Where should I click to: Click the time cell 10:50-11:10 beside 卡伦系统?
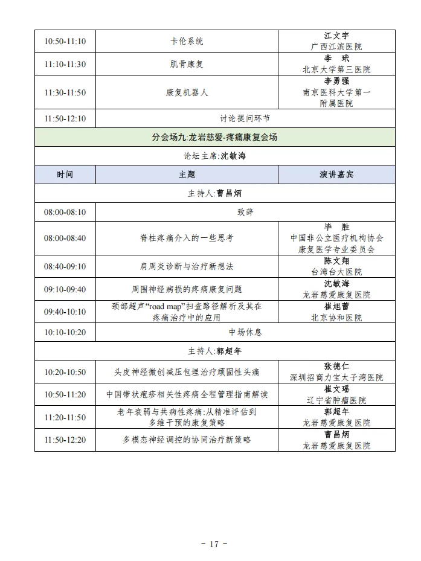[65, 41]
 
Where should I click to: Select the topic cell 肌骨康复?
[187, 64]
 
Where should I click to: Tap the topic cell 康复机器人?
[187, 92]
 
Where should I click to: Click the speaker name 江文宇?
[336, 36]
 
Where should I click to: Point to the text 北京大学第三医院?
[336, 69]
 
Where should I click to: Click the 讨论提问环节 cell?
[245, 118]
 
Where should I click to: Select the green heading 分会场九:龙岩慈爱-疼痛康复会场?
[214, 137]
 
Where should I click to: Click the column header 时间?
[65, 175]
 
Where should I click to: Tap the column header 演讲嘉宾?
[336, 175]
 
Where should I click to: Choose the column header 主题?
[187, 175]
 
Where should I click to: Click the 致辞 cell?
[245, 212]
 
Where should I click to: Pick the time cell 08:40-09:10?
[65, 266]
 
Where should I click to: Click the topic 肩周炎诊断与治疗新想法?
[187, 266]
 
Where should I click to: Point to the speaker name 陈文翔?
[336, 261]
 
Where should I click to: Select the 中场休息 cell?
[245, 332]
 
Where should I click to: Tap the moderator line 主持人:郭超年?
[214, 351]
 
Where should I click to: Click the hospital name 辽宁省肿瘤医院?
[336, 400]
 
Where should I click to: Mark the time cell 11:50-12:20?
[65, 440]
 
